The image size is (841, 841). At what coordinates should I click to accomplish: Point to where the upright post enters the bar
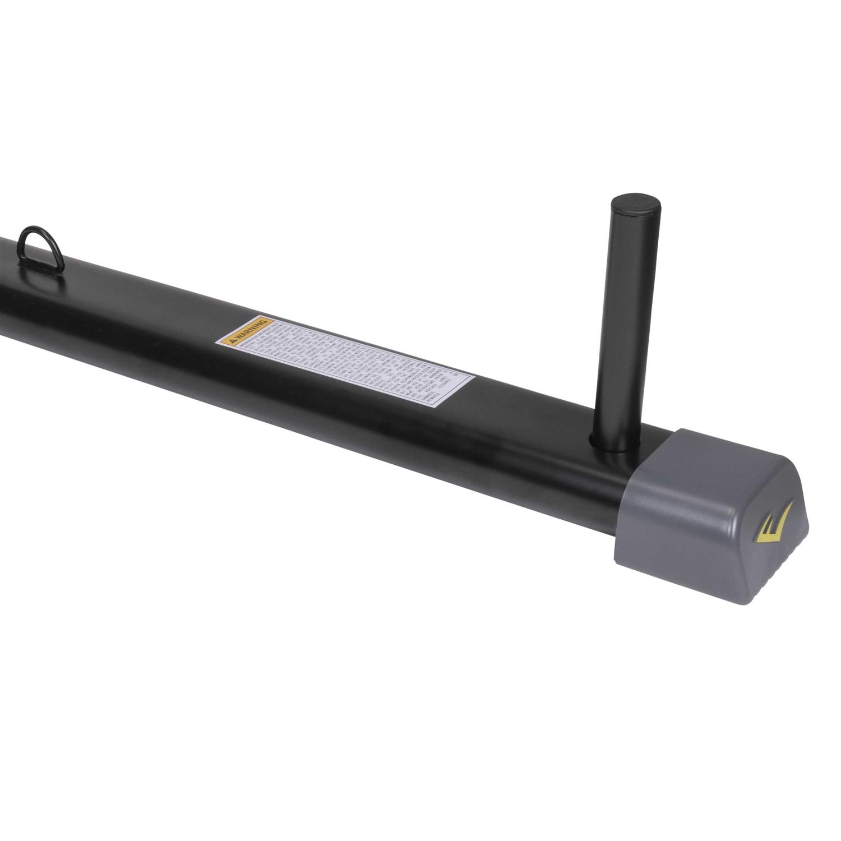tap(623, 443)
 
